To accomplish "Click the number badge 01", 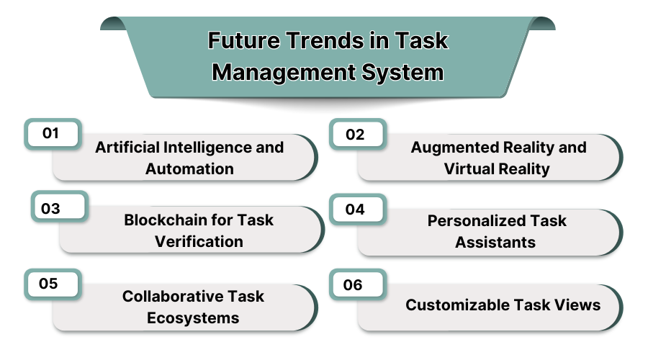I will (x=52, y=133).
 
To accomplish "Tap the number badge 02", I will (x=356, y=135).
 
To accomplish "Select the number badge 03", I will (x=59, y=209).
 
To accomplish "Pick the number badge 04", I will (x=356, y=210).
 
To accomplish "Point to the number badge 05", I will (x=52, y=283).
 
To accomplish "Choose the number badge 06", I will (x=356, y=284).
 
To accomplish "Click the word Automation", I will (x=189, y=169).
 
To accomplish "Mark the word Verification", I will (x=199, y=241).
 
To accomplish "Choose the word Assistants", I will (x=495, y=242).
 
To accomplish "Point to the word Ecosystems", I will (x=193, y=318).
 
